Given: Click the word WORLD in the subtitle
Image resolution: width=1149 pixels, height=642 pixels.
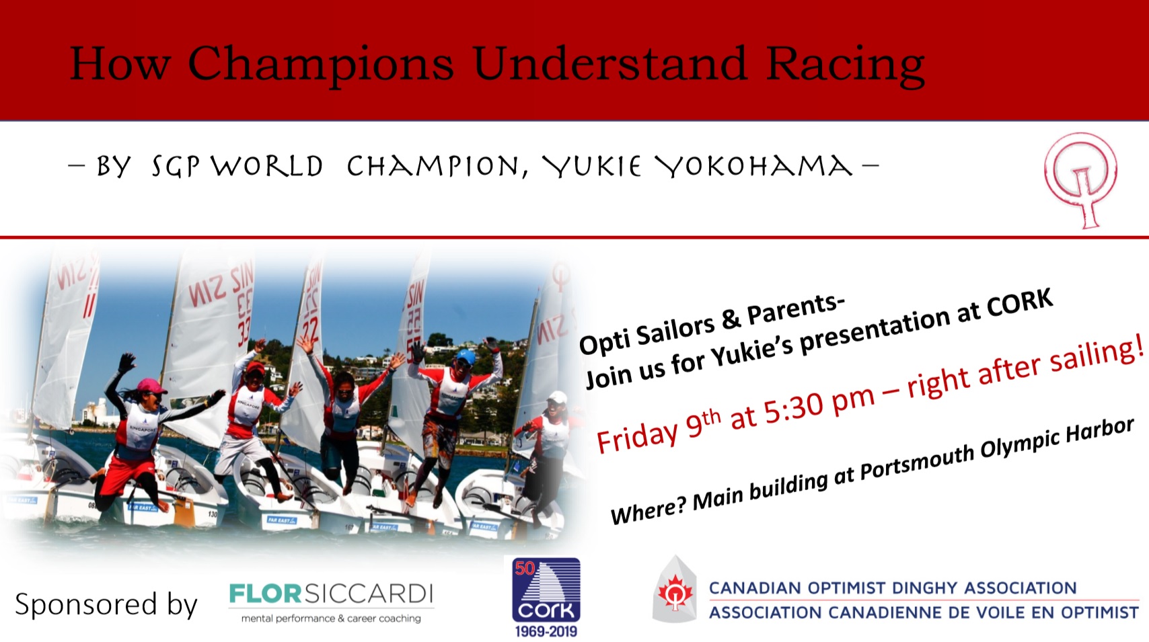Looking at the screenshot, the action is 267,166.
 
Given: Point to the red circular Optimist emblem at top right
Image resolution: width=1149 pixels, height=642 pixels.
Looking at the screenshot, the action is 1081,179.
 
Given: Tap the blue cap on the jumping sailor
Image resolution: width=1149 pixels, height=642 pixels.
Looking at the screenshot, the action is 466,356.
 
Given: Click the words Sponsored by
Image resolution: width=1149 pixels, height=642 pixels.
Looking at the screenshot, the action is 106,604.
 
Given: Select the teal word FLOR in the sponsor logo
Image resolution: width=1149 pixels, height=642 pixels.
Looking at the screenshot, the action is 264,594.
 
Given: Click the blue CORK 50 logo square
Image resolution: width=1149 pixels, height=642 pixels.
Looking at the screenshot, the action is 546,590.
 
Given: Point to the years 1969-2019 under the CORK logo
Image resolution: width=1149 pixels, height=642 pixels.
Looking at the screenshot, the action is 546,632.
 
